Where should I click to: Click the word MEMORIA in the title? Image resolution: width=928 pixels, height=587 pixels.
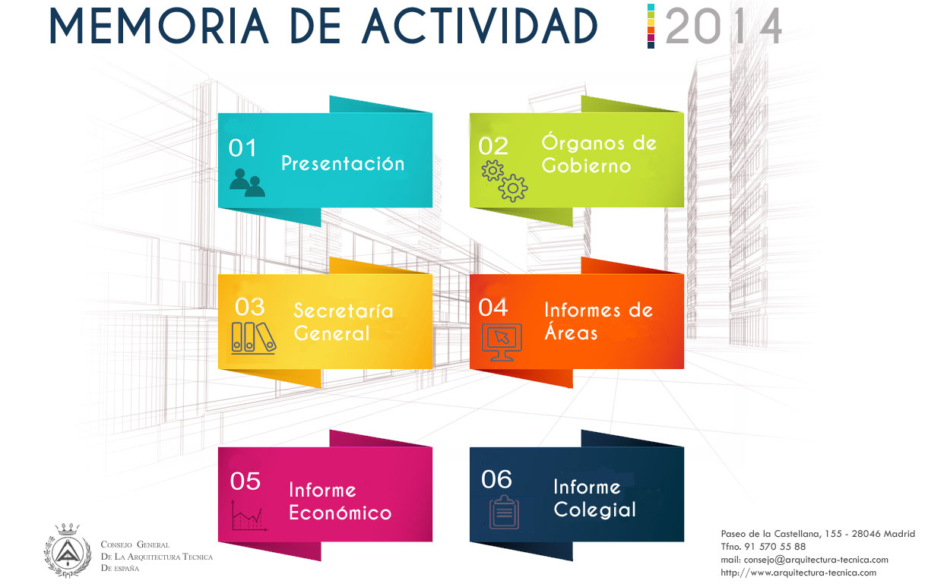(160, 26)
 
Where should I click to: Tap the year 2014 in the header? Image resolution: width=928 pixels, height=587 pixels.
(724, 26)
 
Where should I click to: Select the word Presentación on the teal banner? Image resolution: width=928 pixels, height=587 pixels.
(343, 163)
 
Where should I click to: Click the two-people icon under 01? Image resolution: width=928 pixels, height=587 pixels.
(247, 182)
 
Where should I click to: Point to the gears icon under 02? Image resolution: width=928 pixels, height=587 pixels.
(505, 181)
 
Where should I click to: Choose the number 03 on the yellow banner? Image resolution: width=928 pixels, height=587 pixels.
(250, 307)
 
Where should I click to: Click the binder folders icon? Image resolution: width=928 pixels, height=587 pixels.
(254, 338)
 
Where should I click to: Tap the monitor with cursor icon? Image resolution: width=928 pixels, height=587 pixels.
(502, 342)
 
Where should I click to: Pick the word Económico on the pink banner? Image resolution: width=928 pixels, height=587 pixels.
(340, 512)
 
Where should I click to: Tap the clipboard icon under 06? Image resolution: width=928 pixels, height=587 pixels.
(504, 512)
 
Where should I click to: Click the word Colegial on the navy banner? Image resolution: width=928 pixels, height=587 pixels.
(594, 510)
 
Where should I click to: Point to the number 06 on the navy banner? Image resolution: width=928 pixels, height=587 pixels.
(497, 479)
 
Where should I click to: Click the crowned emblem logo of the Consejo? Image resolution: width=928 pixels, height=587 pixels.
(68, 550)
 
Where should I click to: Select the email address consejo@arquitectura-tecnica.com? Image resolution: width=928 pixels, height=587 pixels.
(816, 560)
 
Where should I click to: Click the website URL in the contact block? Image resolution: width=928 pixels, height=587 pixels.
(798, 573)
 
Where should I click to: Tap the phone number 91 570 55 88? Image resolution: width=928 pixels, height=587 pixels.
(774, 547)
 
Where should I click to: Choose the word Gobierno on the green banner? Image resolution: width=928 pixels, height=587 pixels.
(586, 166)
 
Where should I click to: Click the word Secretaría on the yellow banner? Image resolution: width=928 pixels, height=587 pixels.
(344, 310)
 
